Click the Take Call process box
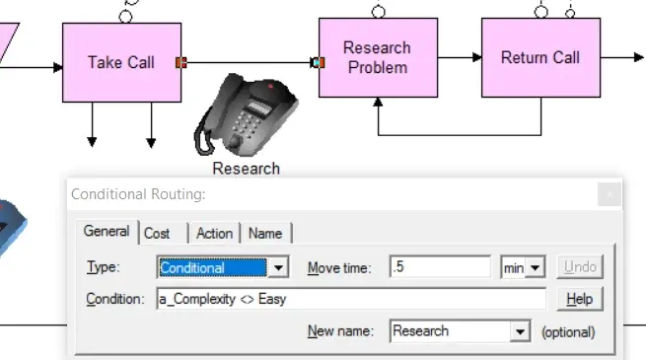pyautogui.click(x=121, y=62)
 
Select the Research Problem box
pyautogui.click(x=378, y=57)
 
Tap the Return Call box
pyautogui.click(x=540, y=57)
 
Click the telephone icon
pyautogui.click(x=246, y=114)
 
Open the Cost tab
pyautogui.click(x=157, y=234)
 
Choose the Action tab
pyautogui.click(x=214, y=234)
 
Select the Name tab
pyautogui.click(x=265, y=234)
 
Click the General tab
pyautogui.click(x=107, y=232)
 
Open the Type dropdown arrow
pyautogui.click(x=278, y=267)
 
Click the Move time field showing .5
pyautogui.click(x=440, y=267)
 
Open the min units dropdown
pyautogui.click(x=523, y=267)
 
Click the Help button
pyautogui.click(x=579, y=299)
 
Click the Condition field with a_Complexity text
pyautogui.click(x=351, y=299)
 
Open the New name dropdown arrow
pyautogui.click(x=520, y=331)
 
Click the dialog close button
pyautogui.click(x=610, y=194)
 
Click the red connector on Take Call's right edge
pyautogui.click(x=181, y=62)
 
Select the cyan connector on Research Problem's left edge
pyautogui.click(x=318, y=62)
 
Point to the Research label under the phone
pyautogui.click(x=246, y=169)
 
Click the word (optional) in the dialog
pyautogui.click(x=568, y=332)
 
